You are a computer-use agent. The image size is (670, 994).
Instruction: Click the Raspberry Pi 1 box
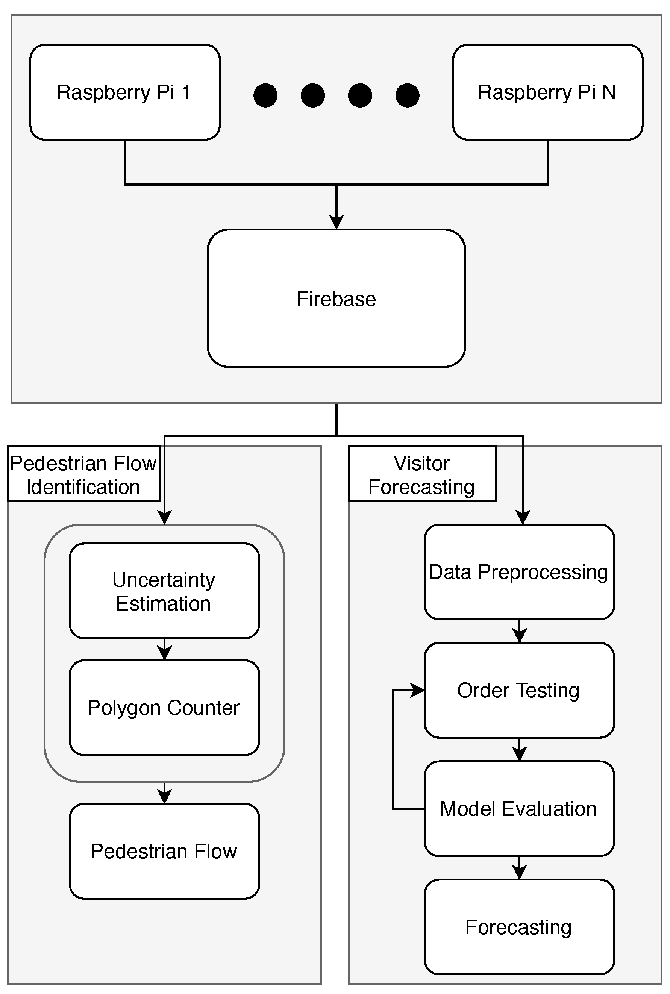(125, 92)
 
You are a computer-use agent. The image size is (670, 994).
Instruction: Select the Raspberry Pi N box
(547, 92)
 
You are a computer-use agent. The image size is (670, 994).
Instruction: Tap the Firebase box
(336, 298)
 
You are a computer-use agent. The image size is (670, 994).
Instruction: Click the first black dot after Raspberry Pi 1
(265, 95)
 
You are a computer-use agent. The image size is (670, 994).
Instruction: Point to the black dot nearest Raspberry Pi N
(407, 95)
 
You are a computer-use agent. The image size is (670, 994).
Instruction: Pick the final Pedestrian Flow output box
(164, 852)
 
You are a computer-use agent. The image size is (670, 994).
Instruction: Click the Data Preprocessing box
(519, 572)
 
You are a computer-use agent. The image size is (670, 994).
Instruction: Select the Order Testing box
(519, 690)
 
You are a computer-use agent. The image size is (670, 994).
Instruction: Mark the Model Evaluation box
(519, 809)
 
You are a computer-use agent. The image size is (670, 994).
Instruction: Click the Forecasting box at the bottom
(519, 927)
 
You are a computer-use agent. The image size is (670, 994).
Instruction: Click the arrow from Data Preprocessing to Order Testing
(519, 633)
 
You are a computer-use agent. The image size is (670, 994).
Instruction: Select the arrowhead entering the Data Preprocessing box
(523, 517)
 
